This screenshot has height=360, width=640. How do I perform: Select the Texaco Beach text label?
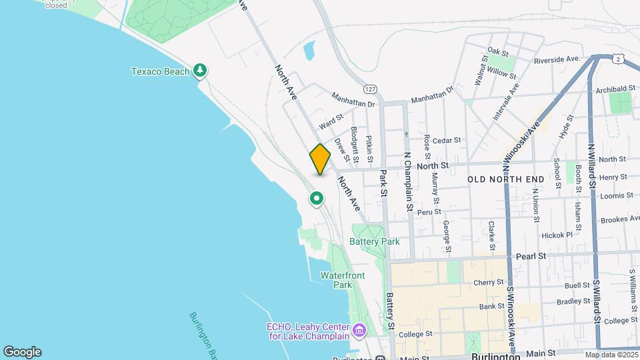(x=160, y=71)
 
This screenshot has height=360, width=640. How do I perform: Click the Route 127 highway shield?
(x=371, y=89)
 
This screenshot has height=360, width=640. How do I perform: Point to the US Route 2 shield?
(x=619, y=59)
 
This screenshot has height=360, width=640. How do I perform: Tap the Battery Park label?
(x=375, y=241)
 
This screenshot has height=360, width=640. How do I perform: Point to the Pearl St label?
(x=531, y=255)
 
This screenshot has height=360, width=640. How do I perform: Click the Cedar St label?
(x=447, y=140)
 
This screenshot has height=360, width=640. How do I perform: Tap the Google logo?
(x=22, y=352)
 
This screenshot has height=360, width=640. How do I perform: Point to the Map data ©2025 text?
(x=611, y=355)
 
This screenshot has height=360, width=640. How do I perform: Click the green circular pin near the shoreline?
(x=317, y=198)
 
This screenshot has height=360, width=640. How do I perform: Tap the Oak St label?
(x=498, y=51)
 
